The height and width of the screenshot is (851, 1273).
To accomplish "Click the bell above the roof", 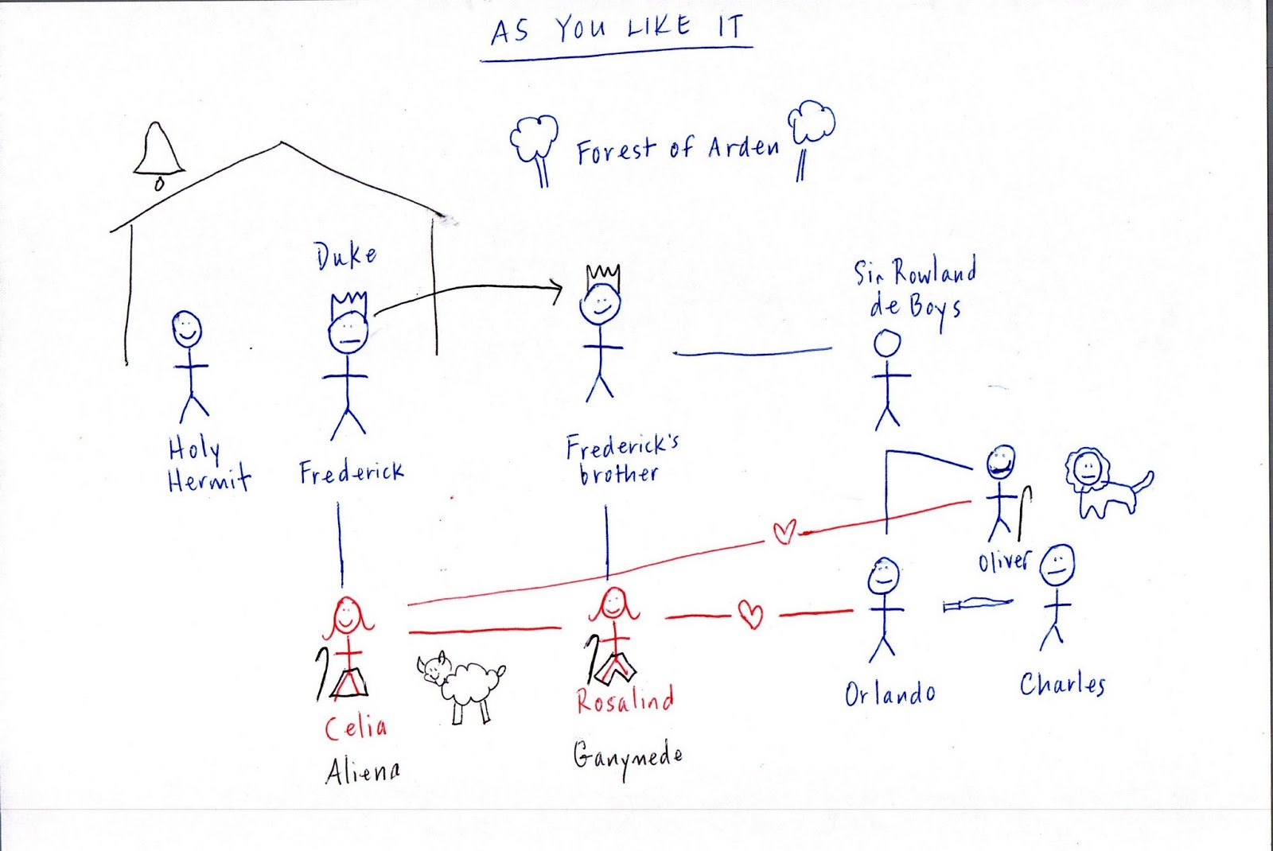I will click(x=159, y=153).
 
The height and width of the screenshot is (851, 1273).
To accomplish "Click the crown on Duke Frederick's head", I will click(x=349, y=304).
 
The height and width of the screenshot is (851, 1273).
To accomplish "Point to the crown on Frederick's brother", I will click(x=602, y=277).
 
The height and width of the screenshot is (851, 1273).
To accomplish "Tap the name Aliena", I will click(x=363, y=771).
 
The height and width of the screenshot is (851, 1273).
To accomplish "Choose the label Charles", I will click(x=1063, y=685).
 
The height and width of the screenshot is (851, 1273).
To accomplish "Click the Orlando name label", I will click(x=890, y=694).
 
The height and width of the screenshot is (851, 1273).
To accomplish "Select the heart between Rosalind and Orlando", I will click(x=750, y=614).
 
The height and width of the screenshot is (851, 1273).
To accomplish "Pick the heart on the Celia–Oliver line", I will click(x=784, y=531).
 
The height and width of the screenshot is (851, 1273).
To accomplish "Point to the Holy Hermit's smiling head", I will click(x=187, y=328).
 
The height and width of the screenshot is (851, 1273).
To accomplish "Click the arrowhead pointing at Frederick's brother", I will click(x=558, y=290).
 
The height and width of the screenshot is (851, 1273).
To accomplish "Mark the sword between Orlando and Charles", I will click(x=978, y=605).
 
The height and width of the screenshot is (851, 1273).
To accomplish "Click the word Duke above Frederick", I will click(x=345, y=257).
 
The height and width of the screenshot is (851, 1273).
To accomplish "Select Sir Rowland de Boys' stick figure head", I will click(x=887, y=344).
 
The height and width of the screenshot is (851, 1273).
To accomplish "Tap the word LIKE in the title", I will click(x=659, y=29).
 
